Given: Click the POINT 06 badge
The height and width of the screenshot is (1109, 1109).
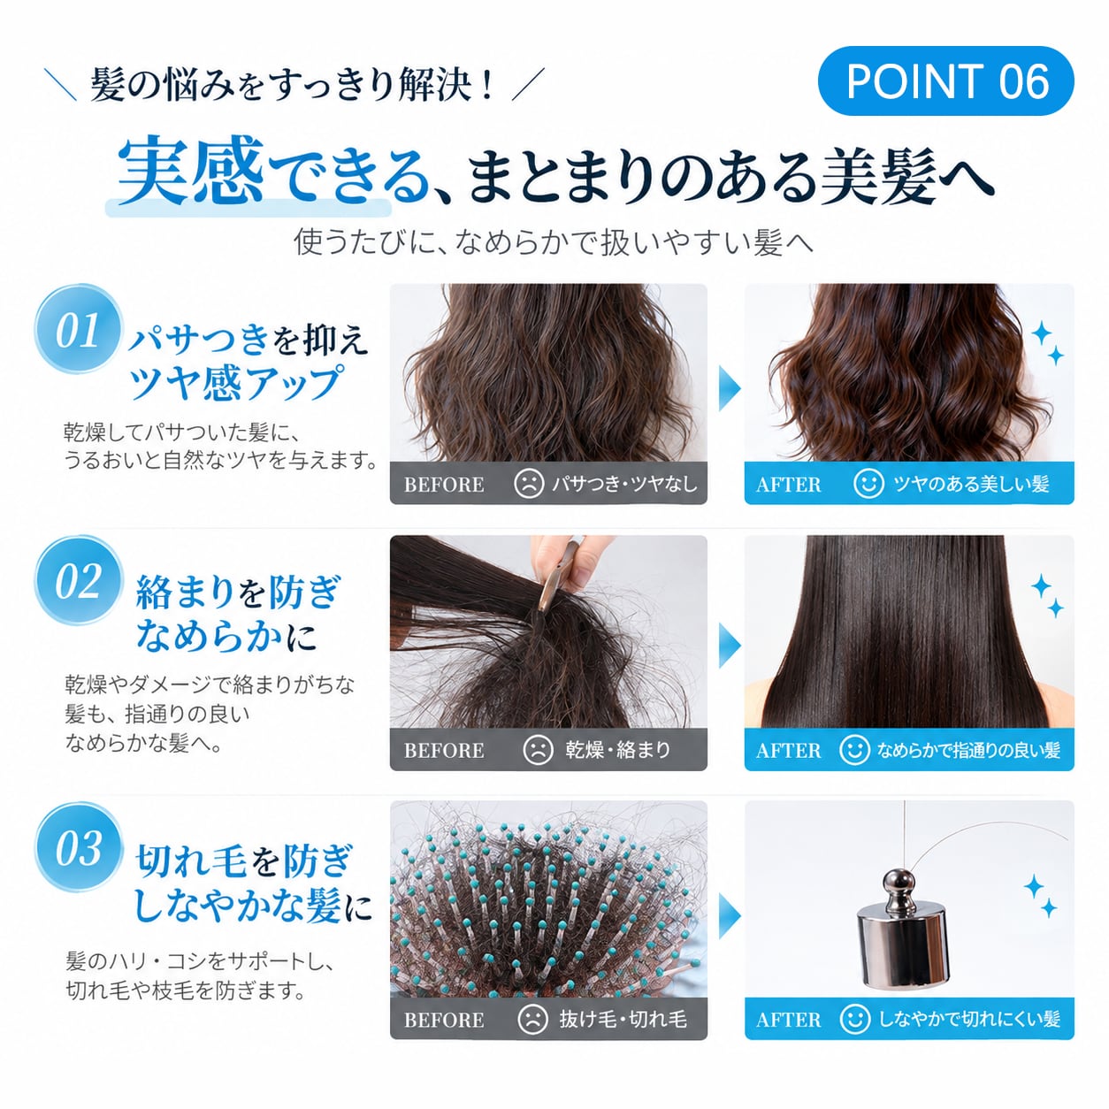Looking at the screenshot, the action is coord(945,81).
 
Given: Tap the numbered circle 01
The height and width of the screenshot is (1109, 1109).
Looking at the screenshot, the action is coord(79,330).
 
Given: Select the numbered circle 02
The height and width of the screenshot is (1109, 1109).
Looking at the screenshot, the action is coord(79,581).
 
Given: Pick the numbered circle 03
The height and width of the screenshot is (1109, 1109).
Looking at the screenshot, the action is coord(79,847).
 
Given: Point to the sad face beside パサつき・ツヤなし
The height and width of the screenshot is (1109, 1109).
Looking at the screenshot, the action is coord(528,484).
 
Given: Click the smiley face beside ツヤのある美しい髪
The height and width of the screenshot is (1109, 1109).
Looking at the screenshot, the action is coord(868,484).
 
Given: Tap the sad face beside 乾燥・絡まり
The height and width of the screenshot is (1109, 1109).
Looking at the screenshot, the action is coord(538,749).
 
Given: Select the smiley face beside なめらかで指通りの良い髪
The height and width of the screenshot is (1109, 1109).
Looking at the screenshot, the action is coord(854,749).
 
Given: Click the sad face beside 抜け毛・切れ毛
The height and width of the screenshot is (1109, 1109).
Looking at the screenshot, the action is coord(532,1019).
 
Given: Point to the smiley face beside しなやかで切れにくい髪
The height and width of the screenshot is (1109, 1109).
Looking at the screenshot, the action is coord(854,1019).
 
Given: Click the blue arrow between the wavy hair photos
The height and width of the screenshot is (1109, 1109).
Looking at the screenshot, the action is coord(729,388).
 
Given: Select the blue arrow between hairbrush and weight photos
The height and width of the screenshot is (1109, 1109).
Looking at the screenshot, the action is coord(729,915).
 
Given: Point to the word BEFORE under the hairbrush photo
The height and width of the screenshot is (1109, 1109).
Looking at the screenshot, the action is coord(444,1020).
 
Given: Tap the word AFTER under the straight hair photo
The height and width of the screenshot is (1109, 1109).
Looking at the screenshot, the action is coord(788,751).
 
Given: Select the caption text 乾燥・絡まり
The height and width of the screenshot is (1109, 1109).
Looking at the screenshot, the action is coord(617,749).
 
